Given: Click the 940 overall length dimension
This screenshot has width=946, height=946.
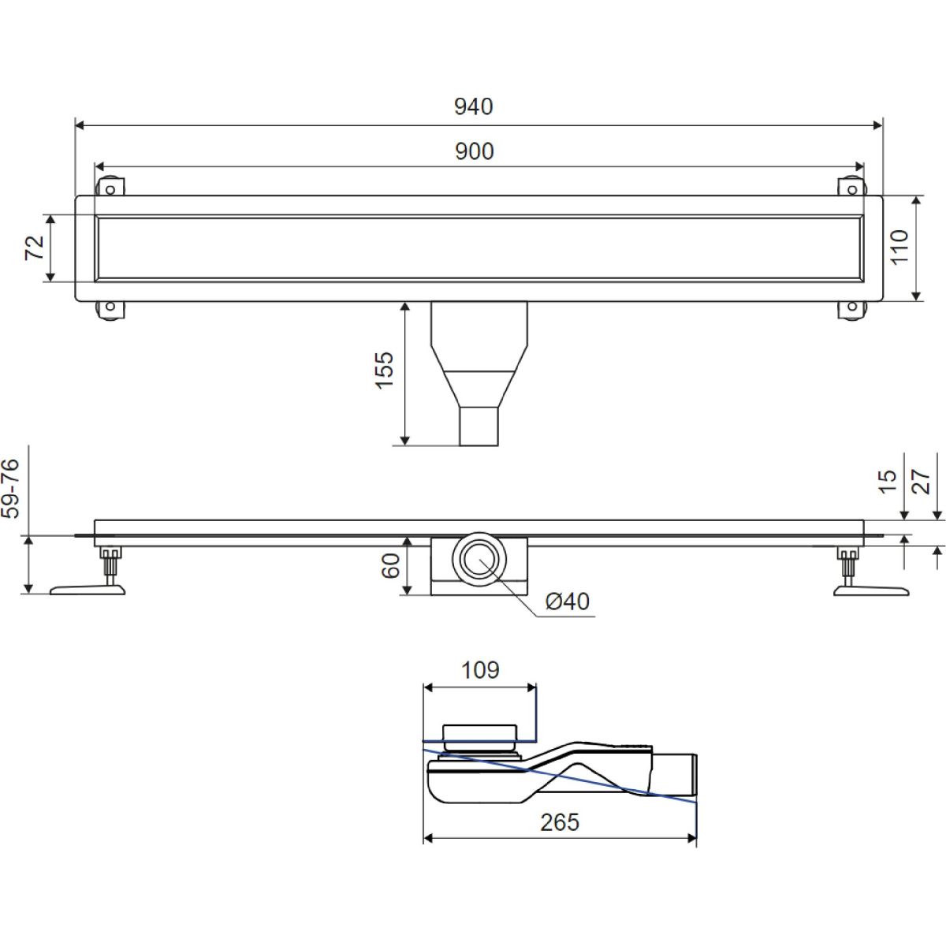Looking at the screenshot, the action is [473, 106].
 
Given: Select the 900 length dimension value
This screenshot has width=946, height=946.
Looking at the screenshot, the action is [475, 151].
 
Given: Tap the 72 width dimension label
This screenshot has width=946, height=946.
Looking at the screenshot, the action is [35, 248].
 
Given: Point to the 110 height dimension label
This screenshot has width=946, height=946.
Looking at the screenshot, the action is [899, 247].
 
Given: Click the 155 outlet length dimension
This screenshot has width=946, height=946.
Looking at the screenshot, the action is [385, 371].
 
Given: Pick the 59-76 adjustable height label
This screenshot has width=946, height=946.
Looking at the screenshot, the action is [10, 489].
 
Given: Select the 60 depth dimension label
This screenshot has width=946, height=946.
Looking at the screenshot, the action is [391, 566].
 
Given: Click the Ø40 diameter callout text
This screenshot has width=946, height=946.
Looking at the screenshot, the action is [568, 601].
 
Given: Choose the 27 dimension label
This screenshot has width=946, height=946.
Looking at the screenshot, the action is [921, 482].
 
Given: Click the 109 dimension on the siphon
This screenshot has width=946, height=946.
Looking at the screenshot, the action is [480, 670].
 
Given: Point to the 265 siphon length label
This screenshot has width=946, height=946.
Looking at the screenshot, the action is [560, 822].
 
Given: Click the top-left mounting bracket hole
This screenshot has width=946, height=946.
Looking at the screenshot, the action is [110, 189].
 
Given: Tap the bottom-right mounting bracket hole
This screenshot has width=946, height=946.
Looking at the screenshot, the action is [852, 307].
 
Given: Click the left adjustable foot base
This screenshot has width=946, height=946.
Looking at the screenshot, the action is [88, 590].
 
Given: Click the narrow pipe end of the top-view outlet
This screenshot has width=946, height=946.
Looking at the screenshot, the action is [479, 426].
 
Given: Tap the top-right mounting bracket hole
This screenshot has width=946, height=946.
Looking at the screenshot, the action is [852, 189].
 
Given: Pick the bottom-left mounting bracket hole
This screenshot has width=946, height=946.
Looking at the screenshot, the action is [110, 307].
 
